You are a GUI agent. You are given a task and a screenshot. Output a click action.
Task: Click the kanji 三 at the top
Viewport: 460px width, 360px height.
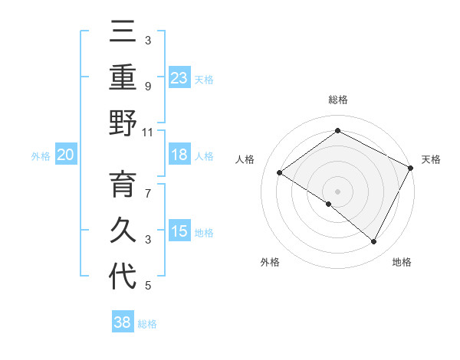(x=123, y=33)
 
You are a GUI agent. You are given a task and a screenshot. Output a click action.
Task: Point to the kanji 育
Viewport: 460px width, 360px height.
(x=123, y=186)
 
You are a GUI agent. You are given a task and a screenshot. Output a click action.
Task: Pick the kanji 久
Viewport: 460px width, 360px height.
(x=123, y=231)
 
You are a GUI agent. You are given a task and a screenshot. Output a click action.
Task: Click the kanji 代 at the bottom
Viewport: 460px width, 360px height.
(x=123, y=277)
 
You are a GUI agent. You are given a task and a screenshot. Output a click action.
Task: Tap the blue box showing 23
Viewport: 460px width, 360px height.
(x=179, y=77)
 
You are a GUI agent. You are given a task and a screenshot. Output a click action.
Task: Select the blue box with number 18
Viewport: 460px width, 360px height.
(x=179, y=155)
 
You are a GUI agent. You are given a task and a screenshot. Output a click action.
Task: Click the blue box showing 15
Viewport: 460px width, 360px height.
(x=179, y=231)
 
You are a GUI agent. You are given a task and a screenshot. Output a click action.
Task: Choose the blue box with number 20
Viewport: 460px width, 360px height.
(x=66, y=155)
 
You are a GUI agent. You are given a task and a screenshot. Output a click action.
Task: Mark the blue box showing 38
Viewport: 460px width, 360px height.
(x=123, y=322)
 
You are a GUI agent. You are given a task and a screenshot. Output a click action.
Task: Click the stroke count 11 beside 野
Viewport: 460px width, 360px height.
(x=148, y=132)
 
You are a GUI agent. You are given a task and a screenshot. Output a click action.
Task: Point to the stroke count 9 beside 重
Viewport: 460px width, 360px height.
(x=148, y=86)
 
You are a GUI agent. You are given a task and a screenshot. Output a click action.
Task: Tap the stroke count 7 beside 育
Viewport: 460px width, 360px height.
(x=148, y=194)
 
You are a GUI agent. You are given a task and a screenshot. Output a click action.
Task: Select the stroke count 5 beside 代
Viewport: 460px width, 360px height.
(x=148, y=286)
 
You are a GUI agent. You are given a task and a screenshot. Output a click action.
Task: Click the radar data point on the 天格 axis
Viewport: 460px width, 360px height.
(x=411, y=168)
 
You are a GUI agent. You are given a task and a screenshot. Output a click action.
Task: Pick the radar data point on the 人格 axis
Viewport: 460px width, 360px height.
(x=280, y=172)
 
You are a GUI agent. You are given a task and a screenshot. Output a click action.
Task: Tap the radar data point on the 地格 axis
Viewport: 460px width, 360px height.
(x=374, y=242)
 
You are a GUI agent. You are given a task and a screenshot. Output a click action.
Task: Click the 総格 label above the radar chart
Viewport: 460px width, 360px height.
(x=338, y=100)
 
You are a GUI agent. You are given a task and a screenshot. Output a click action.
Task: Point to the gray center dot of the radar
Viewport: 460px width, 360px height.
(x=338, y=191)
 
